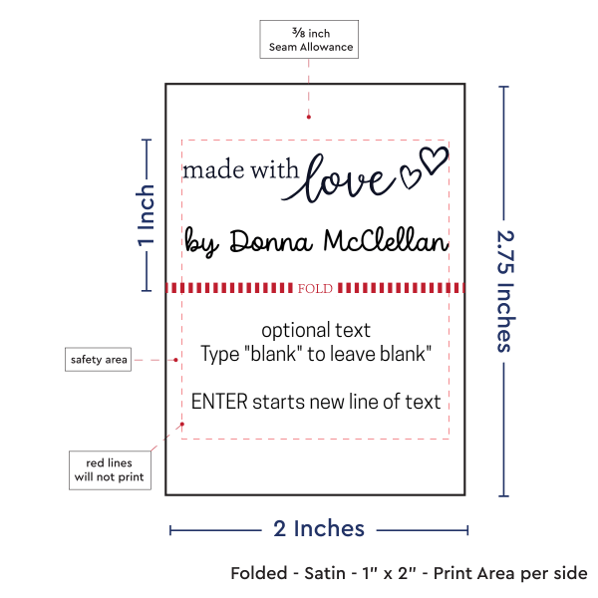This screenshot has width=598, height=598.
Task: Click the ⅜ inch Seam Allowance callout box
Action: tap(309, 39)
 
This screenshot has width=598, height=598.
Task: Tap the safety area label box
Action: tap(98, 359)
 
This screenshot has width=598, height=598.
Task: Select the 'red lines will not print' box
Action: tap(110, 470)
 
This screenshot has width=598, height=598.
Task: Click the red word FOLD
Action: tap(315, 288)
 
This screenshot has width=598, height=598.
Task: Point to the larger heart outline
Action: tap(434, 159)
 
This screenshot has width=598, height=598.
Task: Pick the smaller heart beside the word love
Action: tap(410, 177)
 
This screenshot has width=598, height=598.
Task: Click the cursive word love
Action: tap(340, 178)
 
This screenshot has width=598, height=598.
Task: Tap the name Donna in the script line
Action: tap(271, 241)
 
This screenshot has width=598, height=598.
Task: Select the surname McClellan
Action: tap(386, 240)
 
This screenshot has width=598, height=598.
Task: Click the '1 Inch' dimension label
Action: tap(147, 215)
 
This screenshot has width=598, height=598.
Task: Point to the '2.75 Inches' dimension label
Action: tap(505, 291)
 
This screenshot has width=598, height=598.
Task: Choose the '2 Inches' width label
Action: tap(319, 528)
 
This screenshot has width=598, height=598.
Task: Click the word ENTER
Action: tap(219, 402)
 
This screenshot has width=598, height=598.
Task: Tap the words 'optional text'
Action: tap(316, 330)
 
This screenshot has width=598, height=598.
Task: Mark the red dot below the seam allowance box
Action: tap(309, 117)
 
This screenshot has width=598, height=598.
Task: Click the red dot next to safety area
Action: tap(175, 360)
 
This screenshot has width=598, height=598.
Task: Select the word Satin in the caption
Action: tap(325, 573)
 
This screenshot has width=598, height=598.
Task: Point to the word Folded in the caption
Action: tap(259, 573)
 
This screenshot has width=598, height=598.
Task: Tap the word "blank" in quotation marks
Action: tap(271, 354)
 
